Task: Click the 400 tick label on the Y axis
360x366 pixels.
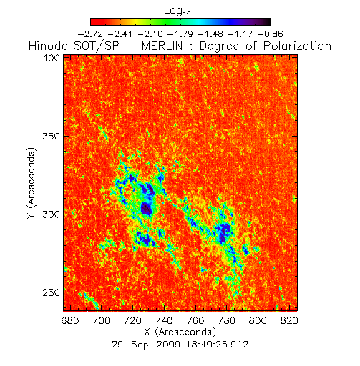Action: pyautogui.click(x=51, y=58)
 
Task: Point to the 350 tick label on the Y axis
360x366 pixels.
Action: pyautogui.click(x=51, y=137)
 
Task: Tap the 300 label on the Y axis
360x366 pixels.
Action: pyautogui.click(x=51, y=214)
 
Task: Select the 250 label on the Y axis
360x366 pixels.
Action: pyautogui.click(x=51, y=292)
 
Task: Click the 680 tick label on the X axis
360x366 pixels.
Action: pyautogui.click(x=70, y=320)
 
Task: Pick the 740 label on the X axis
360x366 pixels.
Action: pyautogui.click(x=164, y=320)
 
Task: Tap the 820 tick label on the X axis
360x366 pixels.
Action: pyautogui.click(x=289, y=320)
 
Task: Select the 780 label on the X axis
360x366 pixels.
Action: pyautogui.click(x=227, y=320)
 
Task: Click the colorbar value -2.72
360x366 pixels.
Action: pyautogui.click(x=91, y=34)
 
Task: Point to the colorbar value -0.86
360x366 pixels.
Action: pyautogui.click(x=271, y=34)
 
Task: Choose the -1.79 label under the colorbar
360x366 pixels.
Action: pyautogui.click(x=180, y=34)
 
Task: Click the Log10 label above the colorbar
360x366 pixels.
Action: pyautogui.click(x=177, y=11)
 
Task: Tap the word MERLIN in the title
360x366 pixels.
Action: pyautogui.click(x=162, y=46)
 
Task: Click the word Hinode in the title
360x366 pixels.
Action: pyautogui.click(x=49, y=46)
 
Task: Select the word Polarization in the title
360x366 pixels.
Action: pyautogui.click(x=297, y=46)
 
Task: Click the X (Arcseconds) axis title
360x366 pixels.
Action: pyautogui.click(x=180, y=332)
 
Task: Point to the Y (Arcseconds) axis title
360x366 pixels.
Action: pyautogui.click(x=31, y=183)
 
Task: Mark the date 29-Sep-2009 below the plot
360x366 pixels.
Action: pyautogui.click(x=146, y=345)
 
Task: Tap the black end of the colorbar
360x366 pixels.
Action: pyautogui.click(x=267, y=21)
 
